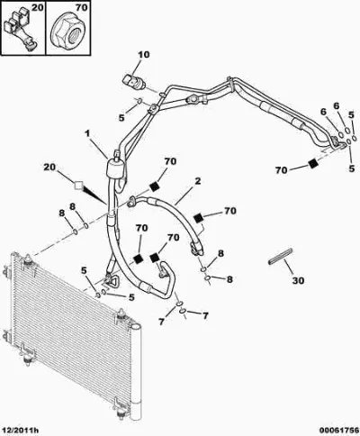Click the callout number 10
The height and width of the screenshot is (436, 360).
tap(144, 55)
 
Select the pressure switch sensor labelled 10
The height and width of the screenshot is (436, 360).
tap(134, 81)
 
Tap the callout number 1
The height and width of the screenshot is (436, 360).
tap(87, 133)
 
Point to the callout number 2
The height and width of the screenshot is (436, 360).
tap(197, 181)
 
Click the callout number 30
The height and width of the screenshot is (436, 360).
tap(298, 280)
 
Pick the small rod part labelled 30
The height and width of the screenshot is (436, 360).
tap(280, 257)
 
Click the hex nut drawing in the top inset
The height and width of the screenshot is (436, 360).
tap(68, 32)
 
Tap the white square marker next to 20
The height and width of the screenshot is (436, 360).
tap(78, 186)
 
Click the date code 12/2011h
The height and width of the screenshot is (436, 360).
tap(20, 431)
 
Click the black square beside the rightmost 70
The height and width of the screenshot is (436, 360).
tap(313, 164)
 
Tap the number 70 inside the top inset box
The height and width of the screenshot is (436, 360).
tap(80, 7)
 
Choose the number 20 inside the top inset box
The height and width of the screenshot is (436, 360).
tap(38, 7)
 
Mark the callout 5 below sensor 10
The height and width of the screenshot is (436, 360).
tap(121, 118)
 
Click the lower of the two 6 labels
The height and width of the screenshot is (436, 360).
tap(323, 112)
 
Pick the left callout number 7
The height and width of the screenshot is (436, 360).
tap(161, 322)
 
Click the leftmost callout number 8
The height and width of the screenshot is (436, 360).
tap(62, 213)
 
